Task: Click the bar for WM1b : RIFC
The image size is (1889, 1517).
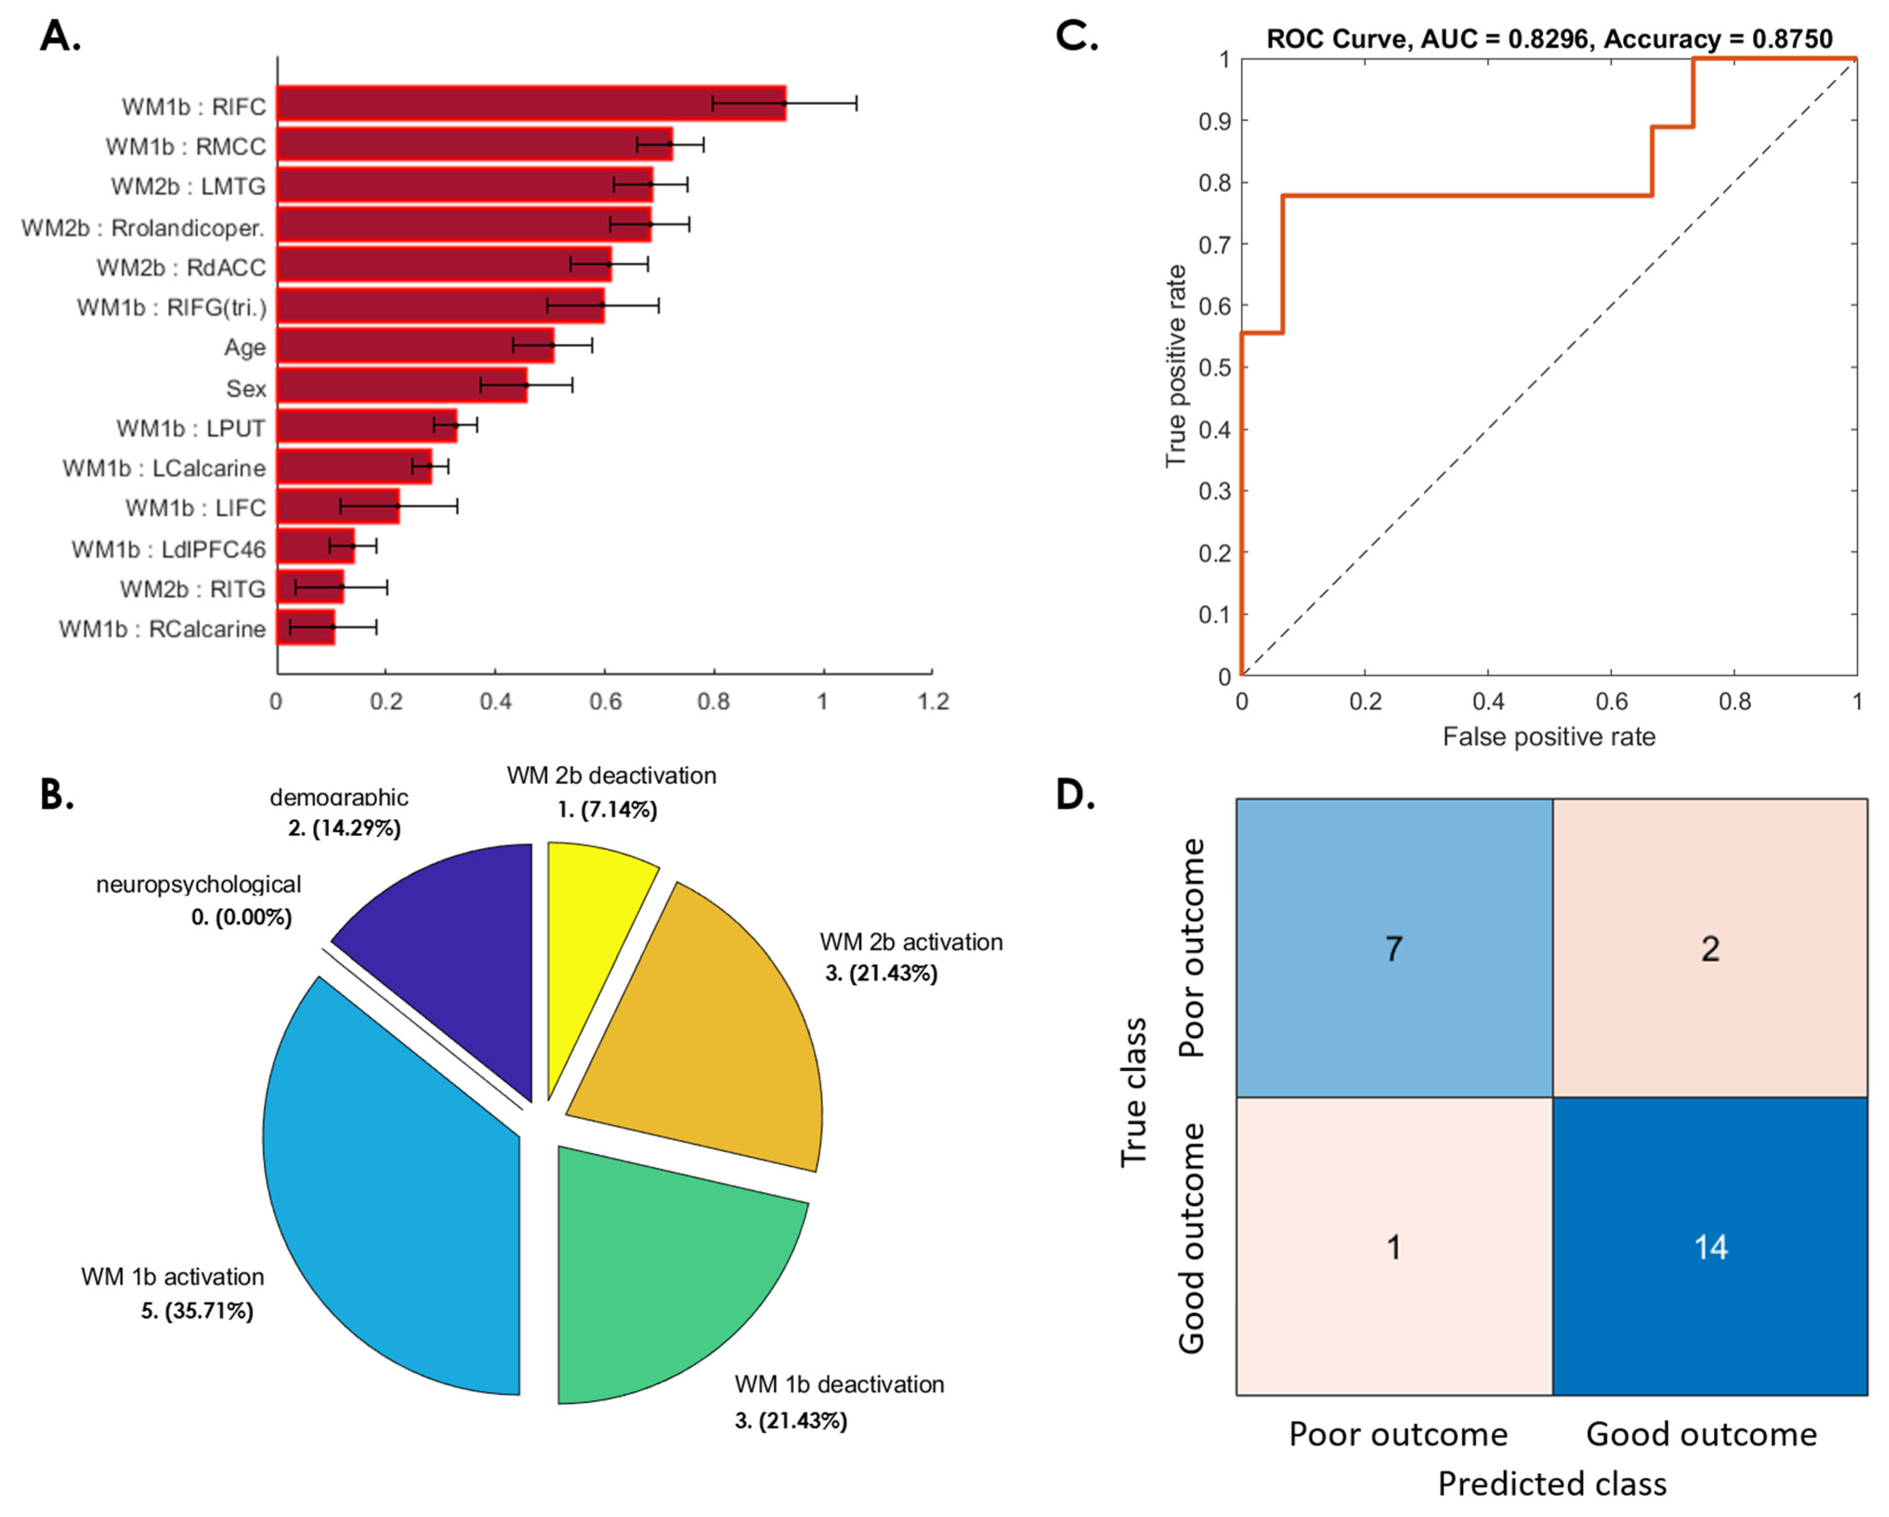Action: click(530, 104)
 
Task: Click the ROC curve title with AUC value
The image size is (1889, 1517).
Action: click(1549, 39)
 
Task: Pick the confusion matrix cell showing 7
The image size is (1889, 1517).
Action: click(1394, 948)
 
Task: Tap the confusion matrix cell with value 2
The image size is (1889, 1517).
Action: click(1709, 948)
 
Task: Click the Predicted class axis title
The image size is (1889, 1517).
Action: click(1552, 1484)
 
